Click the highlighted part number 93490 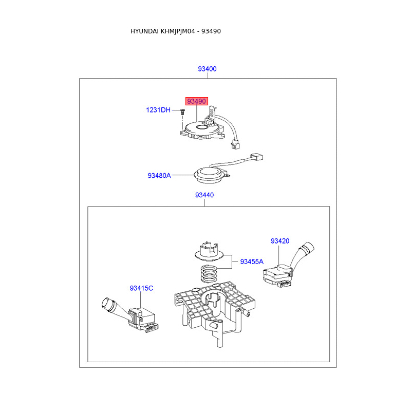197,101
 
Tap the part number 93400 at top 207,69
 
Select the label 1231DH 158,110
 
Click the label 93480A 159,175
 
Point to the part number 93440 204,195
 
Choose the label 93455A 252,261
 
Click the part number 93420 280,241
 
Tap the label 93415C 141,289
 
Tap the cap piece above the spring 209,252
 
